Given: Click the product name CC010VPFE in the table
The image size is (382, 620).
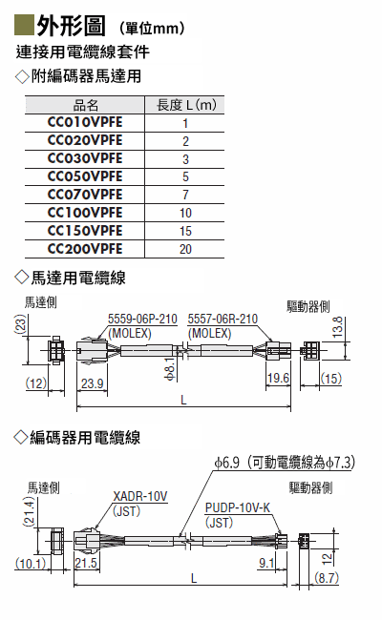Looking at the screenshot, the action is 85,122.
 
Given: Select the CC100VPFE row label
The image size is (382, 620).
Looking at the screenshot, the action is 85,213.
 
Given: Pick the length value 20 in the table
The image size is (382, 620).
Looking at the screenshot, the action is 185,249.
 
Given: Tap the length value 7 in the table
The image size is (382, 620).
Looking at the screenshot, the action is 185,195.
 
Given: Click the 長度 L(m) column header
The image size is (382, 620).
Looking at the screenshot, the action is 186,105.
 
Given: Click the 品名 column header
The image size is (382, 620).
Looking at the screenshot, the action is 86,105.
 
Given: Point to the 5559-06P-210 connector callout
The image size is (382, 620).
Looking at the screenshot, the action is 142,319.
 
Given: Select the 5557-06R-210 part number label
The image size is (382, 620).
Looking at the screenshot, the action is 223,319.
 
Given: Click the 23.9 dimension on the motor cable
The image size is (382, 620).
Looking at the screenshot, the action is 93,383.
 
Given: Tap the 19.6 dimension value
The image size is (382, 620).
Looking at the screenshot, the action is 278,378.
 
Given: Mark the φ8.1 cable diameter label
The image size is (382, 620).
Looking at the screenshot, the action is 169,368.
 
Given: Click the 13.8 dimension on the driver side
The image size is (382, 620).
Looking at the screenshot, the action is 337,327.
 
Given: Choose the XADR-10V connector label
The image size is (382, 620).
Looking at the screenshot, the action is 140,496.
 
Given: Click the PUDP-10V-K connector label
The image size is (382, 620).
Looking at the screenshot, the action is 238,507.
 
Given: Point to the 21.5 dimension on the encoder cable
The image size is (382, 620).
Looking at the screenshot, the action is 86,563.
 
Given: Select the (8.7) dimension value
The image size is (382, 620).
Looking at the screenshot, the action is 327,578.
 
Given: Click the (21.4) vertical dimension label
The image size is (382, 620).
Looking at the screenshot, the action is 30,511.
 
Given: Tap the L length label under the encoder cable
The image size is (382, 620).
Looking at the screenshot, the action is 194,579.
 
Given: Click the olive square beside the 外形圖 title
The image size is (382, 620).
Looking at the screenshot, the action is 24,25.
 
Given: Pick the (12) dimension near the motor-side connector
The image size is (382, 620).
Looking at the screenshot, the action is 36,382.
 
